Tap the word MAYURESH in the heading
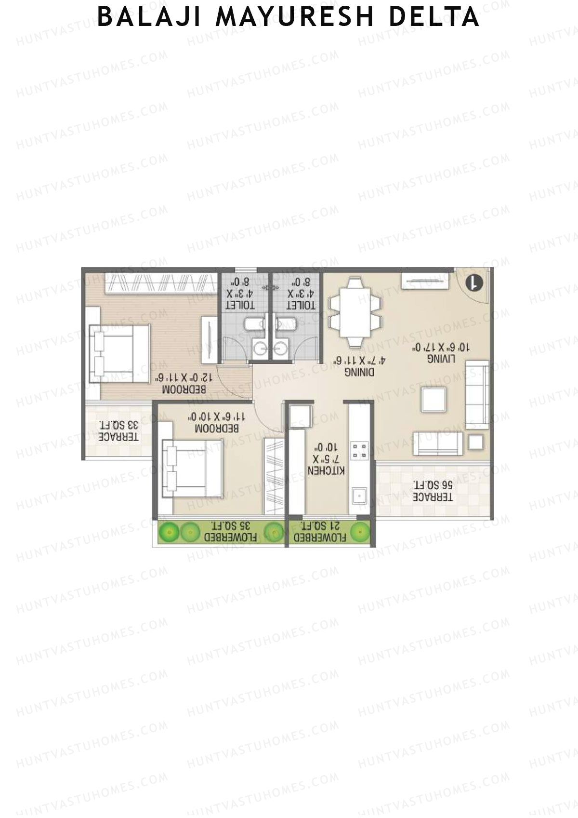pyautogui.click(x=294, y=17)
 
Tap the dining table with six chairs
pyautogui.click(x=355, y=312)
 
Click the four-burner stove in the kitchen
pyautogui.click(x=359, y=450)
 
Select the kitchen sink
pyautogui.click(x=359, y=496)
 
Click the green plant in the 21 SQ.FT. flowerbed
pyautogui.click(x=359, y=532)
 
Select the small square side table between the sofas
pyautogui.click(x=475, y=442)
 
